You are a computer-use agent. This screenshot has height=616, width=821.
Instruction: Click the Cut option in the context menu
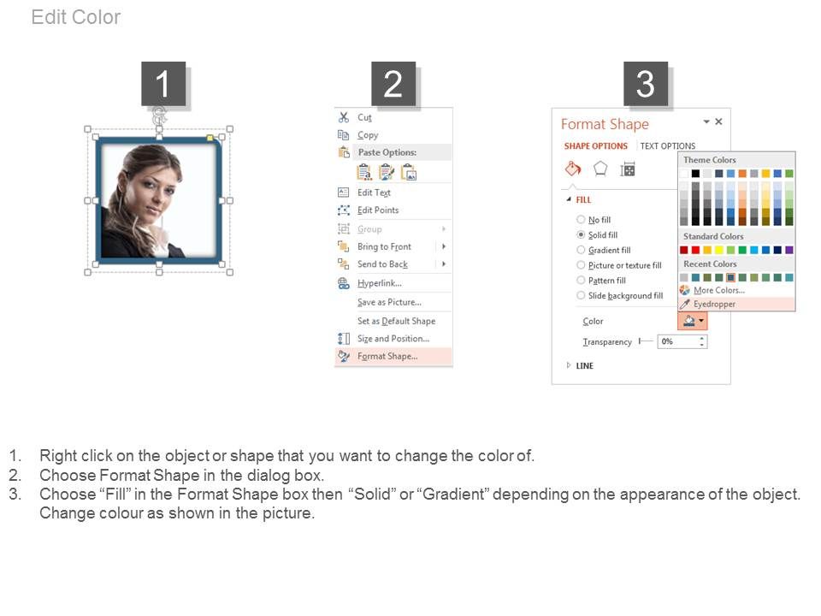pyautogui.click(x=364, y=117)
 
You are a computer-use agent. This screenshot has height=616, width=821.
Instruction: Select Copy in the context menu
pyautogui.click(x=368, y=135)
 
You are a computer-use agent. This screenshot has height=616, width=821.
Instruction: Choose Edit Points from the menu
pyautogui.click(x=378, y=210)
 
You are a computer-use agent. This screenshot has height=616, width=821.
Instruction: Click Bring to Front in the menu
pyautogui.click(x=384, y=246)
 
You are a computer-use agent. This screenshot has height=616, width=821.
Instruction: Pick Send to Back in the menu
pyautogui.click(x=383, y=264)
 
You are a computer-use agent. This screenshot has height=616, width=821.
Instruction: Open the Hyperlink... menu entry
pyautogui.click(x=380, y=283)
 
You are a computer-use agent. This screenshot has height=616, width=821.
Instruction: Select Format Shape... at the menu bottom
pyautogui.click(x=387, y=356)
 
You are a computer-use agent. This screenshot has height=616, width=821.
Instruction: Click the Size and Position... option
pyautogui.click(x=393, y=339)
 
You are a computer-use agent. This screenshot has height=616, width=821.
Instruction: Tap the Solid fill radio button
pyautogui.click(x=581, y=234)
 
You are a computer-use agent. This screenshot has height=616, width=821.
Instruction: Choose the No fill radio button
pyautogui.click(x=581, y=220)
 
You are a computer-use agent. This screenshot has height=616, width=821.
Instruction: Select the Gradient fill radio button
pyautogui.click(x=581, y=250)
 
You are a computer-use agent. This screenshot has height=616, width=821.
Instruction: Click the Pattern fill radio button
pyautogui.click(x=581, y=281)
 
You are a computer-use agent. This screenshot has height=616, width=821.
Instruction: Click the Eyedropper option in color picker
pyautogui.click(x=714, y=304)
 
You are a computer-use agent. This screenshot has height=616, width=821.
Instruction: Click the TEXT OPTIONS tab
pyautogui.click(x=668, y=146)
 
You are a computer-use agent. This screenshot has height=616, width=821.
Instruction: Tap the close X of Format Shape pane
pyautogui.click(x=719, y=121)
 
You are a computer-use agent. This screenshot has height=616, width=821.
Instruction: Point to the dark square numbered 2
pyautogui.click(x=393, y=84)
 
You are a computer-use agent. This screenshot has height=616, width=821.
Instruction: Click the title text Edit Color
pyautogui.click(x=76, y=17)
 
